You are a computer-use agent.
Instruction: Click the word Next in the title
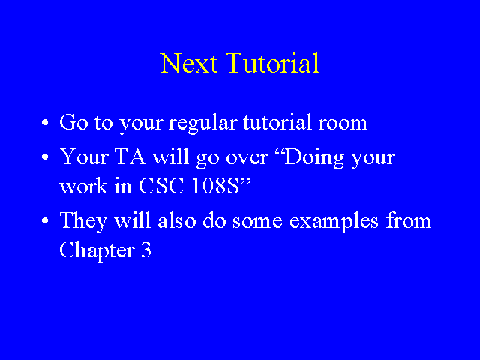(x=189, y=63)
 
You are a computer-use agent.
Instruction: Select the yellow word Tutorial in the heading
(x=272, y=63)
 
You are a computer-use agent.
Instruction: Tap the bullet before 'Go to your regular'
(x=45, y=123)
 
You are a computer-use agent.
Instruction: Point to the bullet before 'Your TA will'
(x=45, y=157)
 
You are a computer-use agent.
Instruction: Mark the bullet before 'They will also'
(x=45, y=221)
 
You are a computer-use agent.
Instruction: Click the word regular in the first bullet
(x=203, y=124)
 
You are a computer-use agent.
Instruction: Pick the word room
(x=343, y=124)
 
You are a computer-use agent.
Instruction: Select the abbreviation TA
(x=130, y=157)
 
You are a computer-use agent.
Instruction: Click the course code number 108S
(x=215, y=186)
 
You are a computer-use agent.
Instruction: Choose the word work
(x=83, y=186)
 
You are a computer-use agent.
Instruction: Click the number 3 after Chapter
(x=146, y=250)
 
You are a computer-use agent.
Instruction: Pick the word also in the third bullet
(x=177, y=220)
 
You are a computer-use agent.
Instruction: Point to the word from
(x=408, y=220)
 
